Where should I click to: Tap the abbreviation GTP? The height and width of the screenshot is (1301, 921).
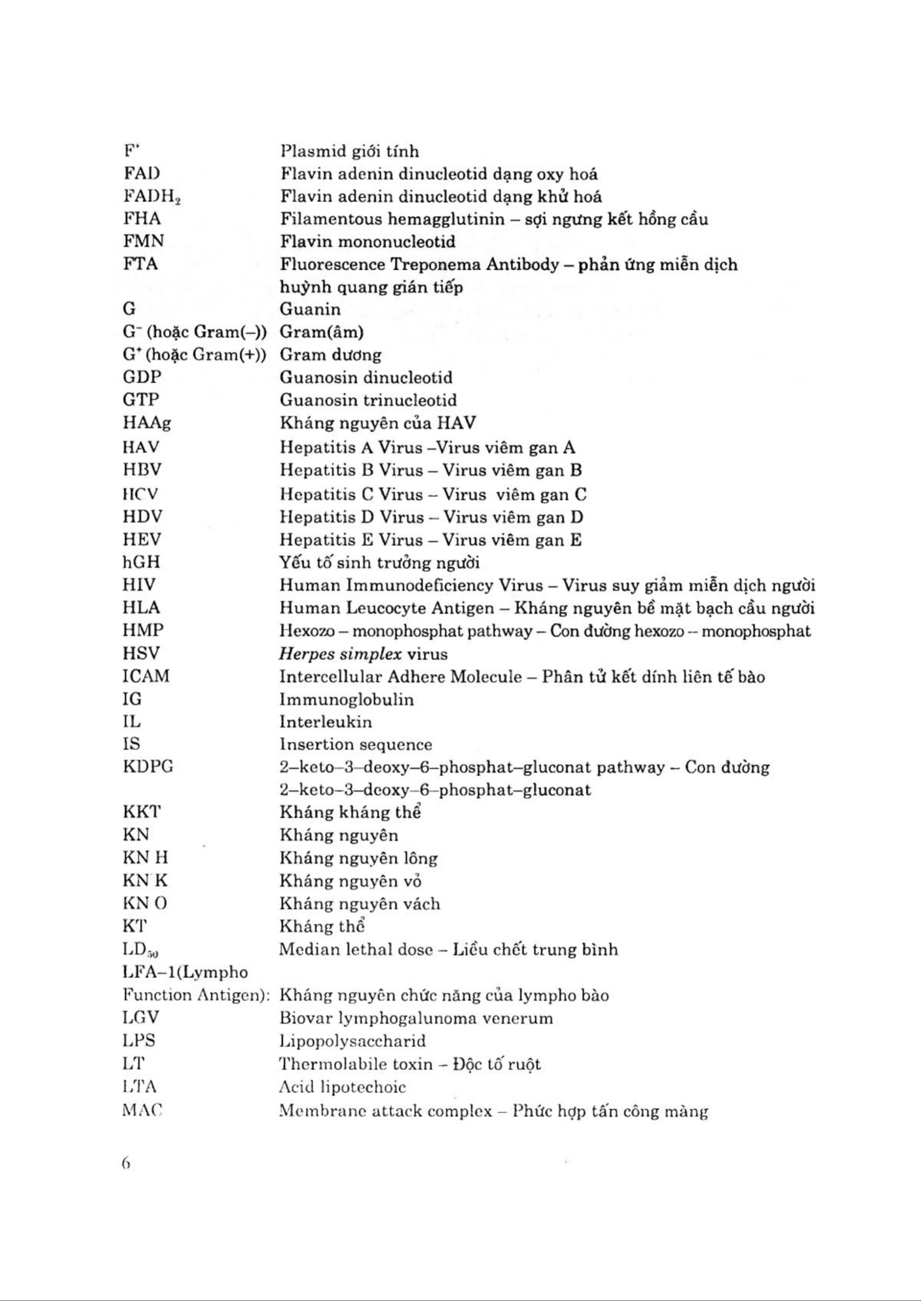pos(141,400)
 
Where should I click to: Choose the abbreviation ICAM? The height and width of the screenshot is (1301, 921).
pos(146,676)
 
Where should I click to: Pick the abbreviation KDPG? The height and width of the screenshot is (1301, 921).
pos(147,767)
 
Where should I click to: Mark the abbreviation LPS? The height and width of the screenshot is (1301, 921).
pos(138,1041)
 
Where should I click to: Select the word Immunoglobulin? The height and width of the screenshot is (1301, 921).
pos(346,699)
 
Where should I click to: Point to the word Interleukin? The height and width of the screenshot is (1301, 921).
pos(326,722)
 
